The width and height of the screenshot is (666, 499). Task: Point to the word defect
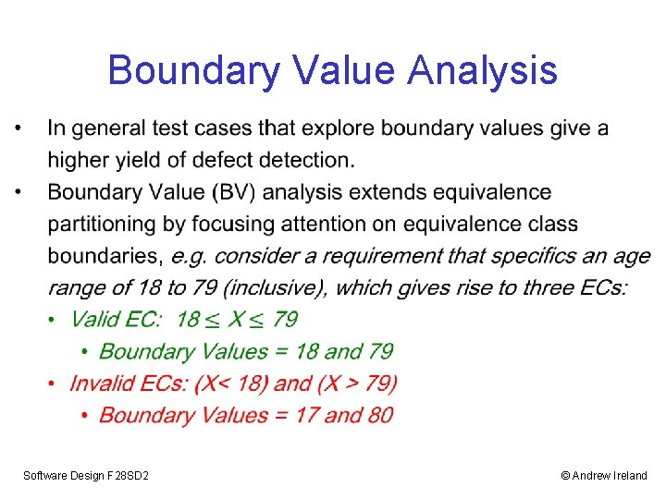click(x=225, y=161)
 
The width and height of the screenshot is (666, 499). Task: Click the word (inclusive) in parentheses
click(x=278, y=287)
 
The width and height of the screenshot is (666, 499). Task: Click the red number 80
click(x=379, y=415)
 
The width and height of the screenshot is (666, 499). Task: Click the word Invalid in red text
click(x=102, y=383)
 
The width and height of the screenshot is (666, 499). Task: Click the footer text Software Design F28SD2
click(x=86, y=475)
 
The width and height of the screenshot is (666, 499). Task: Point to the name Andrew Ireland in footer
click(x=610, y=475)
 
